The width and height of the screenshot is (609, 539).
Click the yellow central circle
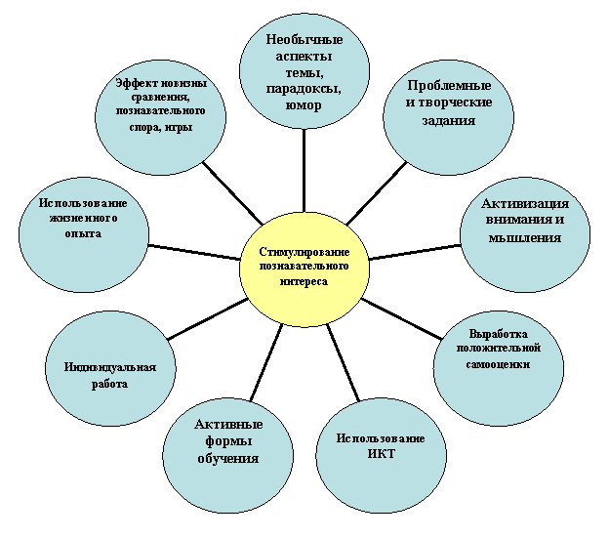pos(304,269)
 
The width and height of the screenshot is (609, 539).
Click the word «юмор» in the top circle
pos(304,105)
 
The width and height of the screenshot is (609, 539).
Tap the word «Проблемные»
pos(449,86)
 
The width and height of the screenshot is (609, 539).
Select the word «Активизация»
pos(525,204)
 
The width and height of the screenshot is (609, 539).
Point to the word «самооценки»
pos(498,365)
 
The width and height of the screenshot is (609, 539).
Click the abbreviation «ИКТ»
pos(381,454)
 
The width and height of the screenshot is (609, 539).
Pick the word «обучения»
pos(228,459)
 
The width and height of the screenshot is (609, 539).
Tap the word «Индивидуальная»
pos(110,367)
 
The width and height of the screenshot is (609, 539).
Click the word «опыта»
pos(83,233)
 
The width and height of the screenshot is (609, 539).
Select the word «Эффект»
pos(137,83)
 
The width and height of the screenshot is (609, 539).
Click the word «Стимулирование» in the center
pos(304,252)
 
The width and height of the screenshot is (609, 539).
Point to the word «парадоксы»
pos(304,89)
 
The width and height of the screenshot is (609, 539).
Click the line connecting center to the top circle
pos(304,171)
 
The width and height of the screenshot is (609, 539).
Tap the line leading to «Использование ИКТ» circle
pos(343,362)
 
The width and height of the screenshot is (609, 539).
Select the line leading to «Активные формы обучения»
pos(266,362)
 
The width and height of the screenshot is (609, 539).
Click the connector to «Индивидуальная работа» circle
pos(208,319)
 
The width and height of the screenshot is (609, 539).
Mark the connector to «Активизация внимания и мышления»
pos(415,252)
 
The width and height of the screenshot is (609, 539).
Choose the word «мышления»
pos(525,238)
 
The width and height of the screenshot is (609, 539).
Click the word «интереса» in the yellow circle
pos(304,281)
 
